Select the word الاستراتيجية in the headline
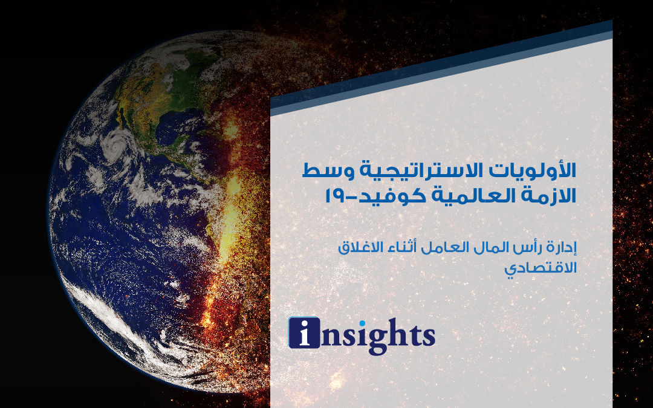click(x=421, y=171)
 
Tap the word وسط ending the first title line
click(x=326, y=171)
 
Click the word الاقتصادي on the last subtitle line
click(x=541, y=268)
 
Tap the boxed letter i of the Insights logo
click(x=304, y=332)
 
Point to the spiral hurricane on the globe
click(x=115, y=145)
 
